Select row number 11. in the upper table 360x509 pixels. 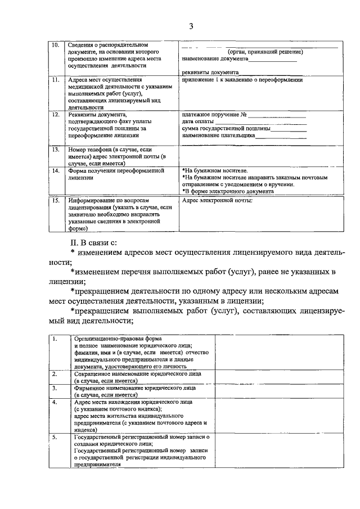[55, 80]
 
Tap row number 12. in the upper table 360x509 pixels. [55, 115]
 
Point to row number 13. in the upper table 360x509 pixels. [55, 150]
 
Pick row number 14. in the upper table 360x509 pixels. [55, 170]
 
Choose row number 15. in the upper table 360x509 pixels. [55, 200]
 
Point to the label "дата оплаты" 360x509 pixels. [198, 121]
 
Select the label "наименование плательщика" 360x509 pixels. [219, 136]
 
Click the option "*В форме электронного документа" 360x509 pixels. [228, 191]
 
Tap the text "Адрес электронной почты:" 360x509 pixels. [218, 200]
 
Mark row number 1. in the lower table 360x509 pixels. [55, 339]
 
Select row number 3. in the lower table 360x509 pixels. [55, 388]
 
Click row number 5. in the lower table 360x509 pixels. [55, 436]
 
